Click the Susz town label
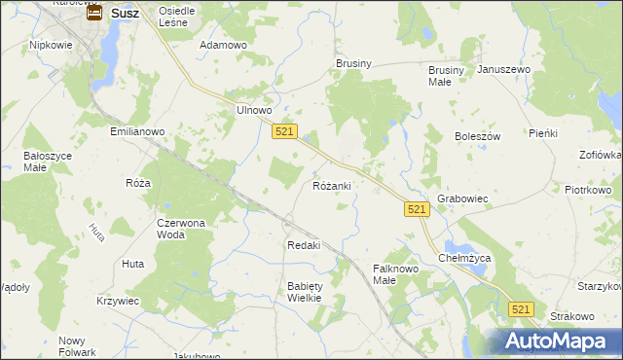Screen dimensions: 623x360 click(x=124, y=13)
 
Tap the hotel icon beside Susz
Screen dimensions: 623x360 click(x=94, y=13)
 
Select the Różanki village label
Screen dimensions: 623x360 click(x=332, y=185)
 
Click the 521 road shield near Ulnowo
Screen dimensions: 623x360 click(x=284, y=131)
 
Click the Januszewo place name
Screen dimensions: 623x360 click(x=503, y=70)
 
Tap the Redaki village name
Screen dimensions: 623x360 click(x=304, y=245)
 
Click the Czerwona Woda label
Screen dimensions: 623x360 click(x=181, y=228)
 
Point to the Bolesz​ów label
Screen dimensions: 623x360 click(x=477, y=137)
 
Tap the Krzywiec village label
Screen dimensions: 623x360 click(x=118, y=302)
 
